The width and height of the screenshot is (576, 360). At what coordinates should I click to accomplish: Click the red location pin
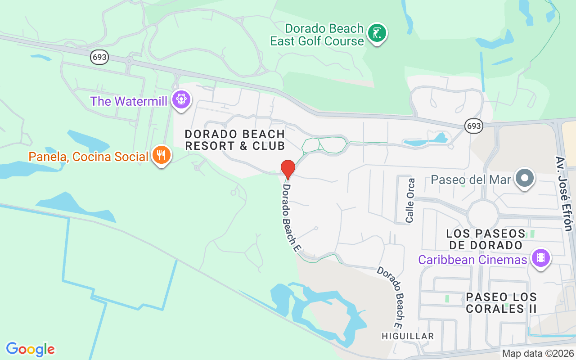(x=288, y=169)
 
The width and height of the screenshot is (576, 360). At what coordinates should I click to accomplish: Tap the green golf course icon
(x=377, y=33)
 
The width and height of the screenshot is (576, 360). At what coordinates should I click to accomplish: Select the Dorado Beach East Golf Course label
(x=317, y=35)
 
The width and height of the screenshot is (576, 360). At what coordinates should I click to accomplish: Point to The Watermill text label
(x=129, y=101)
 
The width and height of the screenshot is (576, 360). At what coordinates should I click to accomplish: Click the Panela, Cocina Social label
(x=88, y=157)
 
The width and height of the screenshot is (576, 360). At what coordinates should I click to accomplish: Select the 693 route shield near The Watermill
(x=99, y=57)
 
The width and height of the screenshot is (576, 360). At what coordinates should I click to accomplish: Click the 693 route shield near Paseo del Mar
(x=474, y=126)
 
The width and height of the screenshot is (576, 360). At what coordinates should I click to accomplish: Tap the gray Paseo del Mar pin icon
(x=525, y=178)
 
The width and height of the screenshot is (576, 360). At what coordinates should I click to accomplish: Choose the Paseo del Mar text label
(x=471, y=180)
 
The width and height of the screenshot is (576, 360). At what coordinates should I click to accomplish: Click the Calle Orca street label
(x=410, y=201)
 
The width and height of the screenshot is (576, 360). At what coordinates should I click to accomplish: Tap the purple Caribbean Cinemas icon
(x=540, y=258)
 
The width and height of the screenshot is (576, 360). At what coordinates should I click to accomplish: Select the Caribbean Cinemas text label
(x=472, y=260)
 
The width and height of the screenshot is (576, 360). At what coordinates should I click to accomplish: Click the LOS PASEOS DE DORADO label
(x=485, y=239)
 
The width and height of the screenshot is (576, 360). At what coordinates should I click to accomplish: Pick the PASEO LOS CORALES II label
(x=501, y=303)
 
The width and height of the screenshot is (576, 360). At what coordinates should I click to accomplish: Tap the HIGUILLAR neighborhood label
(x=408, y=336)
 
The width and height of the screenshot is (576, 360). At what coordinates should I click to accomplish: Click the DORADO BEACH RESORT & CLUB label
(x=235, y=140)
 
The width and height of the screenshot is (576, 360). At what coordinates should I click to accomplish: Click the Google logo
(x=31, y=349)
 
